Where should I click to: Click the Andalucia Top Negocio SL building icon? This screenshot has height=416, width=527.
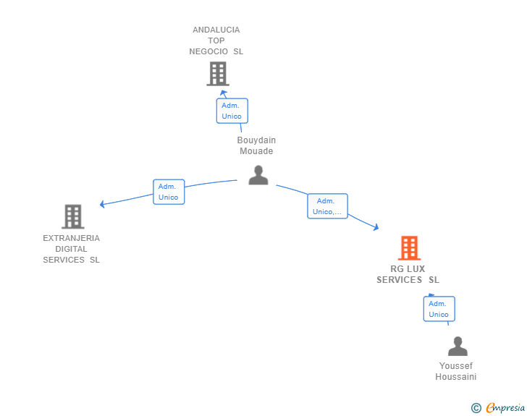217,74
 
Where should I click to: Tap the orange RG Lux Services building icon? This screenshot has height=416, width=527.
409,248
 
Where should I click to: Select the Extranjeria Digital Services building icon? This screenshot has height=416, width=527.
72,216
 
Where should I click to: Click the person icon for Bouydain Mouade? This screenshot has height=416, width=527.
258,175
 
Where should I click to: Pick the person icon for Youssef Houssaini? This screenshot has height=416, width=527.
458,347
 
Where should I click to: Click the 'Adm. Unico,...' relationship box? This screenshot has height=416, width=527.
328,206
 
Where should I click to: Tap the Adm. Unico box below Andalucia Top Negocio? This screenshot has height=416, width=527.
232,111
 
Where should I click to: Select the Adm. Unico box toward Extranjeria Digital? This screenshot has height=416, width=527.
169,192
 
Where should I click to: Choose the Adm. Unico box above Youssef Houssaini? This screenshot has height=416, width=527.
439,309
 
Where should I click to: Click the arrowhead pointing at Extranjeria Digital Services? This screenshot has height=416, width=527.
103,205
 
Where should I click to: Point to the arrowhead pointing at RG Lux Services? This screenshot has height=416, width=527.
376,227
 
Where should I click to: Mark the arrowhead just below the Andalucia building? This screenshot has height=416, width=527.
224,93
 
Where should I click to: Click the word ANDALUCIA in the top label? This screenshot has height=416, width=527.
216,30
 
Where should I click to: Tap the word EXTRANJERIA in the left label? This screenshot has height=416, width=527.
71,238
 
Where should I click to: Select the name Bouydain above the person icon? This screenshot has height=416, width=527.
256,140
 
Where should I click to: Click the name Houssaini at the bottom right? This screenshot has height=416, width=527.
455,377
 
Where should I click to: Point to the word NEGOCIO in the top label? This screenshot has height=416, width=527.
209,51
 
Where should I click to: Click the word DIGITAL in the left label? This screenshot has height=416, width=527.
71,249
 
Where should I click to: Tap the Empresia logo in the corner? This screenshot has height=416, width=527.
505,408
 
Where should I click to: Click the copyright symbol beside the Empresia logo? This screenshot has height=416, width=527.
476,408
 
